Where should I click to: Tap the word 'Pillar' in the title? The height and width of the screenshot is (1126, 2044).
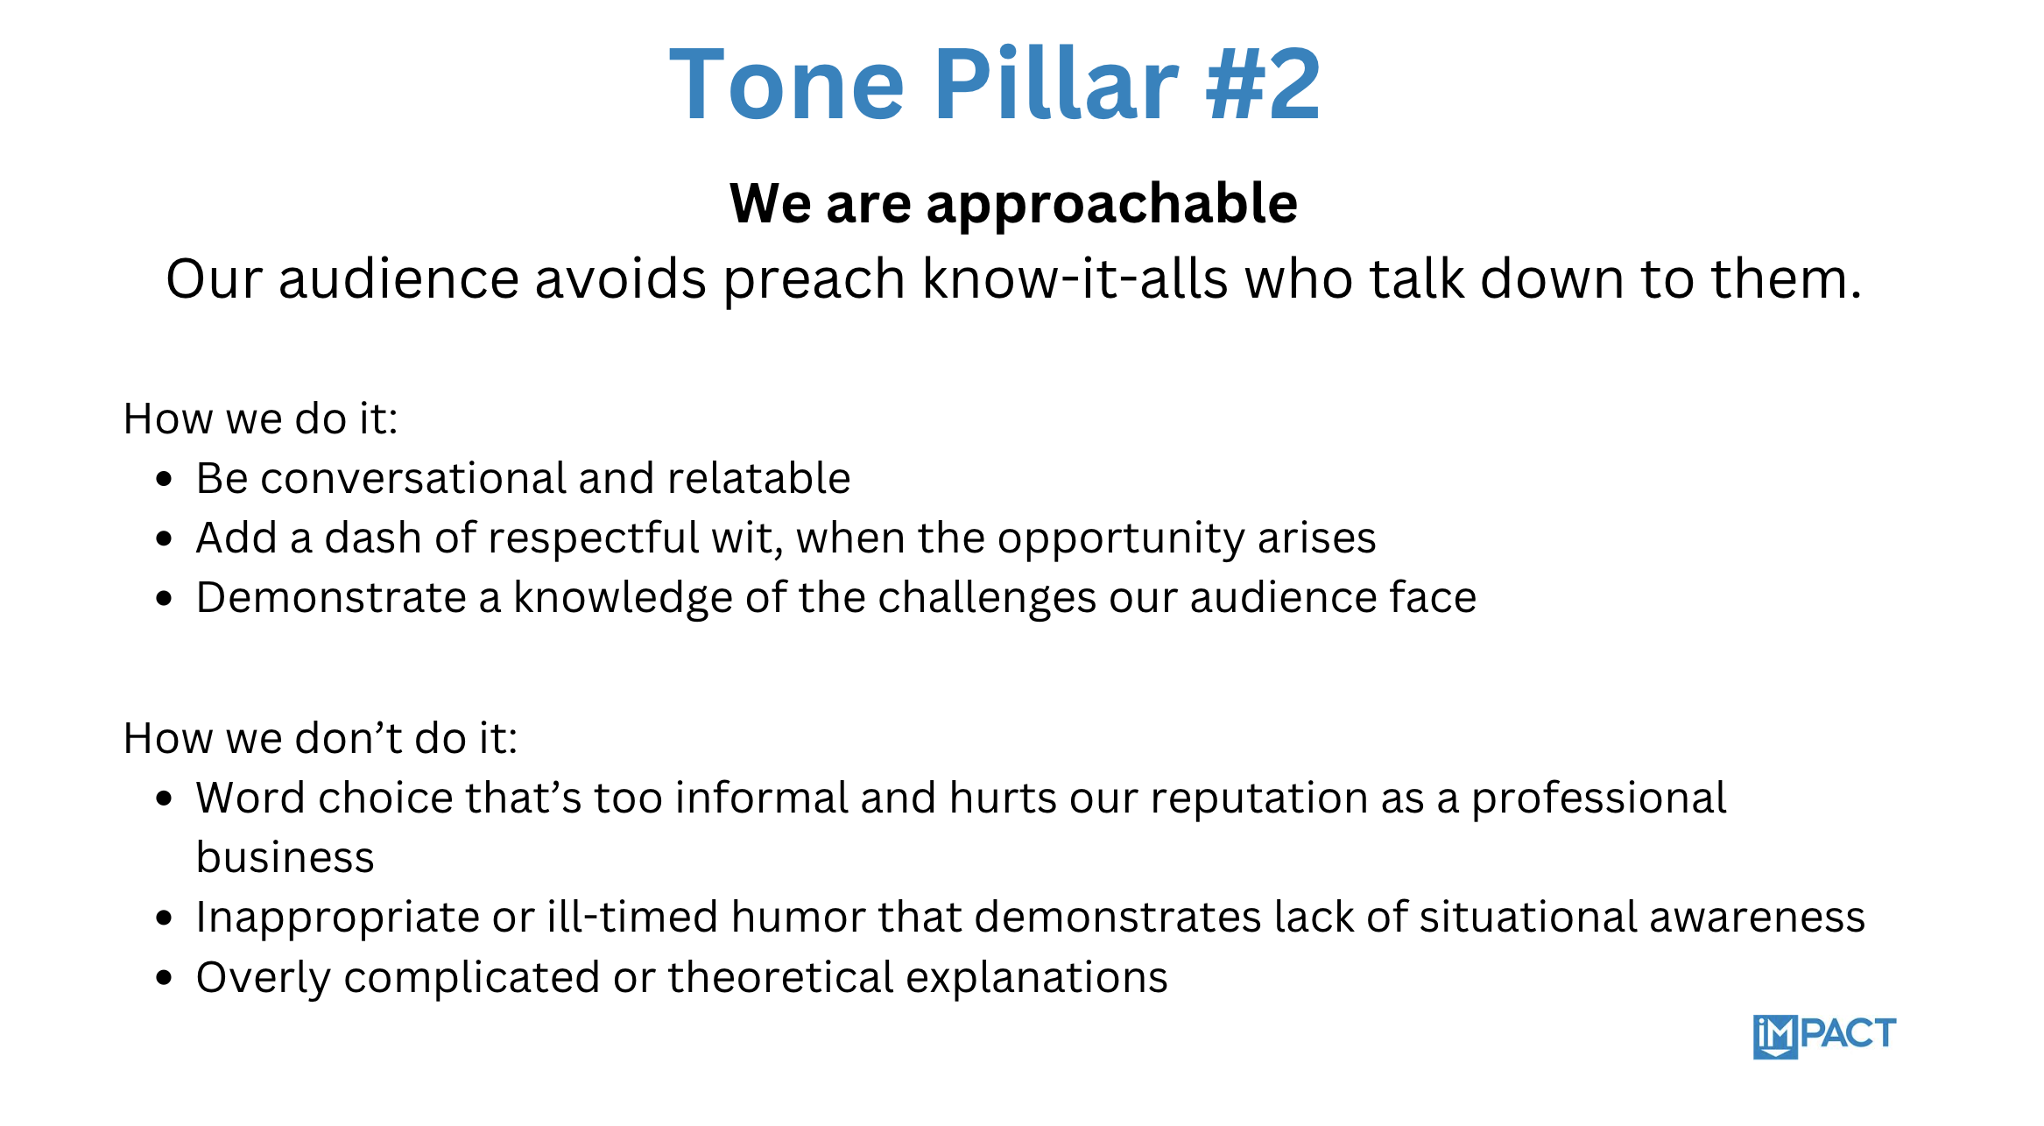(x=1056, y=83)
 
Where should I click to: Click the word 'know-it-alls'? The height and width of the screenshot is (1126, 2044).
(x=1075, y=278)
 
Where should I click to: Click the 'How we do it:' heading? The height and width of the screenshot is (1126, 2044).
(x=261, y=419)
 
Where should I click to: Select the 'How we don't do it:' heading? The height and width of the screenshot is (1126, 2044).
(x=321, y=738)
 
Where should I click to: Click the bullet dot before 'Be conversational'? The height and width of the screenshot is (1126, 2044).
(x=164, y=479)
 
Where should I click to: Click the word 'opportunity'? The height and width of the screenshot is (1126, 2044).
(x=1121, y=540)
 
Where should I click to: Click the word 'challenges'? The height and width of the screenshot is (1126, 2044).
(x=987, y=599)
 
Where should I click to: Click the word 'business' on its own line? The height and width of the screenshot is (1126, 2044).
(x=285, y=857)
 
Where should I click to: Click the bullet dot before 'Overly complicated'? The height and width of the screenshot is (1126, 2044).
(x=164, y=978)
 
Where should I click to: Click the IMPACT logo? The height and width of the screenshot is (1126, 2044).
(x=1824, y=1037)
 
